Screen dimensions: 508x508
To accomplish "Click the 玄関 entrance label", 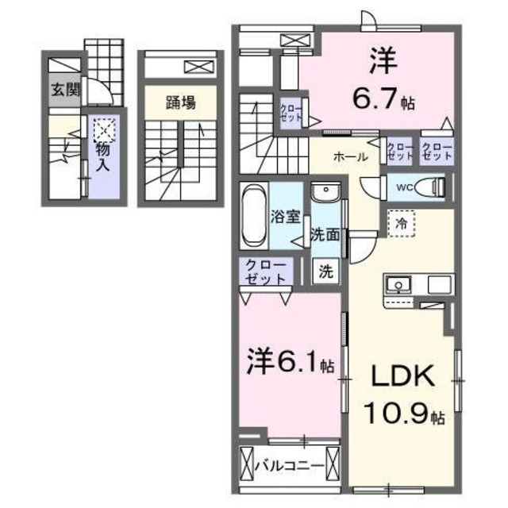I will (66, 89).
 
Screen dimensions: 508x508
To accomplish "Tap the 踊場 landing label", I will (179, 103).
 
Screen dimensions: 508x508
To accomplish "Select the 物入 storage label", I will (102, 156).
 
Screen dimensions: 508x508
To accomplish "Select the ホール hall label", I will (349, 156).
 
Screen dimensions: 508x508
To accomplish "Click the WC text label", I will (403, 187).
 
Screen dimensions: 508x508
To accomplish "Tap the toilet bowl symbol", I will (432, 187).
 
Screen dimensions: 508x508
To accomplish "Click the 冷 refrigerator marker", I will (402, 224).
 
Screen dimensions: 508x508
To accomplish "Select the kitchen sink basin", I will (396, 284).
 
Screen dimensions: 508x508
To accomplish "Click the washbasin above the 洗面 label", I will (325, 195).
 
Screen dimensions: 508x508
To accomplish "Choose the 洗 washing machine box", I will (325, 270).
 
